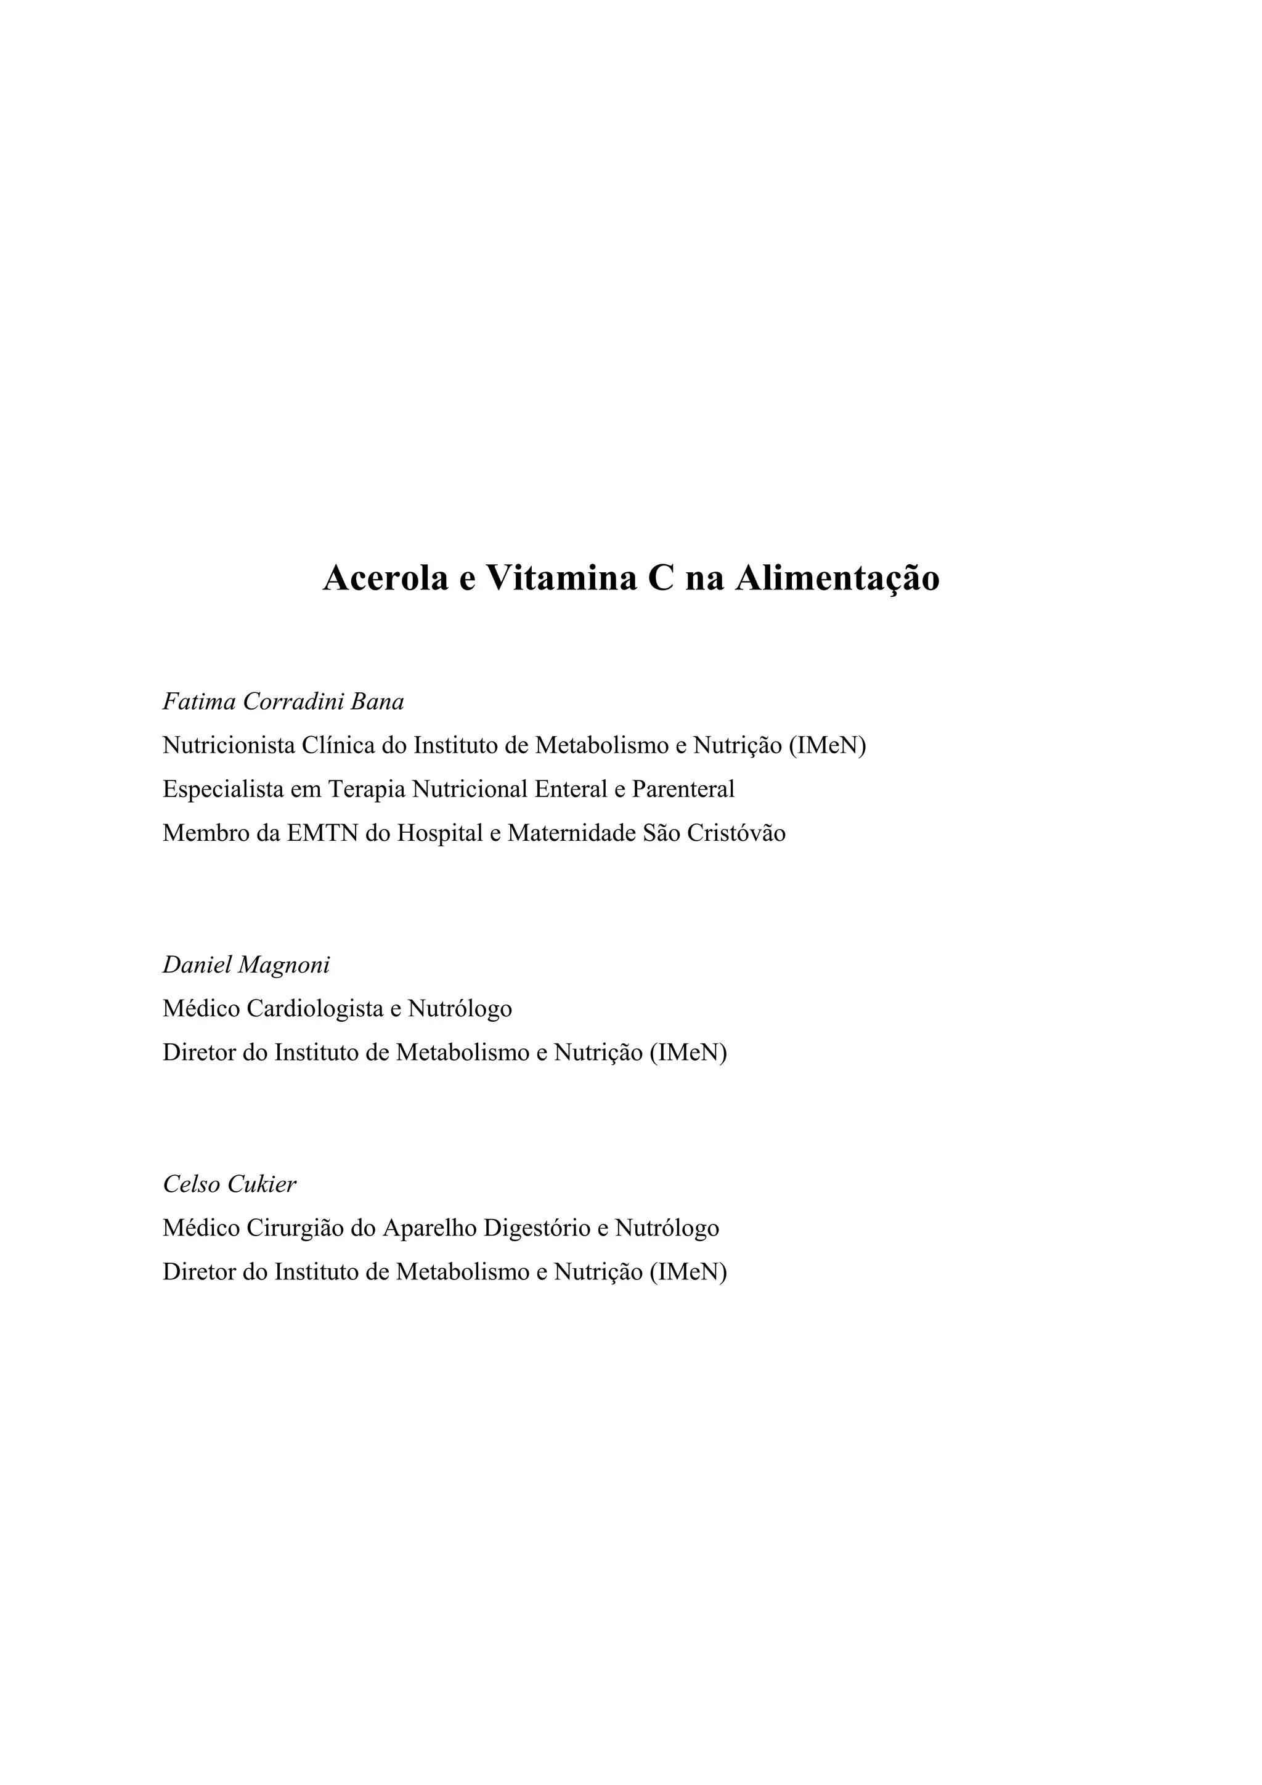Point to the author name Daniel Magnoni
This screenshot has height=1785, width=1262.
point(246,965)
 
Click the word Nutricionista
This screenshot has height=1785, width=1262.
point(229,745)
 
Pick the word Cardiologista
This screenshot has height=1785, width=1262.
point(314,1009)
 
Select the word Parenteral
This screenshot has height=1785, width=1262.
point(683,789)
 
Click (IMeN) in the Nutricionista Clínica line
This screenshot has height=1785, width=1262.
point(828,745)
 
